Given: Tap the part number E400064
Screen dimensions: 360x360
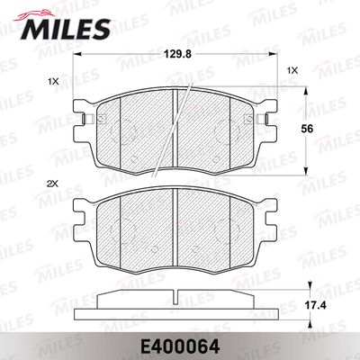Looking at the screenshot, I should [x=180, y=344].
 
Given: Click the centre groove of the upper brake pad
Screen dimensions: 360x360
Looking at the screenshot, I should [x=173, y=126].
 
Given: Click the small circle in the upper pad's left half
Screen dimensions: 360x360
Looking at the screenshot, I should [x=132, y=161].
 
